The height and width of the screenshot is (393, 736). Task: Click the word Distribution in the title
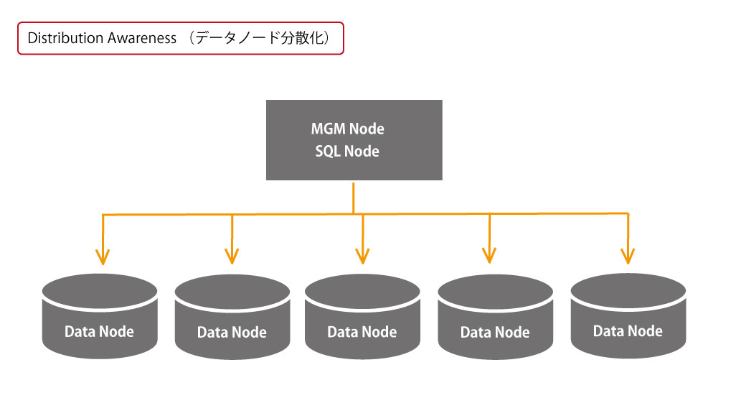(x=63, y=38)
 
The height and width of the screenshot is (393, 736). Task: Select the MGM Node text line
(x=347, y=129)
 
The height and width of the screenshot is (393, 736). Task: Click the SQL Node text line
(x=347, y=152)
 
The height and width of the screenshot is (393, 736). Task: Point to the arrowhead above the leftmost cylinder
(x=103, y=257)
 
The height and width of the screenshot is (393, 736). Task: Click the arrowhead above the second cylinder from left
(x=232, y=256)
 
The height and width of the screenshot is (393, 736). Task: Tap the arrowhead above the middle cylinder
(x=362, y=256)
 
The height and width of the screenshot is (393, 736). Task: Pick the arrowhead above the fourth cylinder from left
(x=489, y=256)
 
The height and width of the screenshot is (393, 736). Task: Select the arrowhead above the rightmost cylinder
(x=628, y=256)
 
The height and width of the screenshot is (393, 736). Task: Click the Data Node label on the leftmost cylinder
(x=99, y=332)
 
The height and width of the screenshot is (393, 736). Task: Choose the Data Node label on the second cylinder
(x=232, y=333)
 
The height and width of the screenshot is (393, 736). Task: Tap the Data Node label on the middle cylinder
(x=362, y=333)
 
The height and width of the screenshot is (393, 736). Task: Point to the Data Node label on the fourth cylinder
(x=495, y=333)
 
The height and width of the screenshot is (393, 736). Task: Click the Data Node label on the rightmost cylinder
(x=628, y=331)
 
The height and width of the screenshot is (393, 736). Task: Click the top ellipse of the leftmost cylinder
(x=100, y=291)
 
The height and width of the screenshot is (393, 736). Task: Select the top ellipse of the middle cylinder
(x=362, y=292)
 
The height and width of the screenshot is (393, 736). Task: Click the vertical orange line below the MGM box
(x=354, y=198)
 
